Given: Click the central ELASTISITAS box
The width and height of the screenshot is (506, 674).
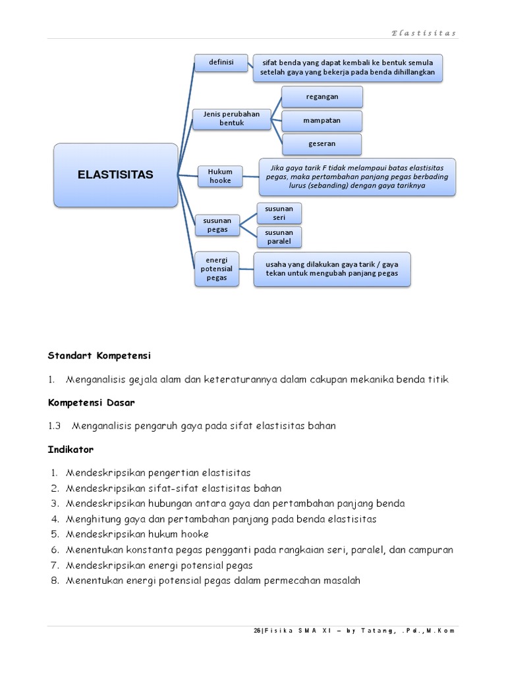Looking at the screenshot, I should tap(115, 174).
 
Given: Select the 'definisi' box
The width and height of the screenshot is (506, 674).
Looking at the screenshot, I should tap(221, 62).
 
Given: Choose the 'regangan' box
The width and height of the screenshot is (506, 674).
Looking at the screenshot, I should tap(322, 97).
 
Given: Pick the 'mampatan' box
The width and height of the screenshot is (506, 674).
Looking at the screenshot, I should tap(322, 121).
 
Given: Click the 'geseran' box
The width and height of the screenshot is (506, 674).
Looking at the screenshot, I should tap(322, 144).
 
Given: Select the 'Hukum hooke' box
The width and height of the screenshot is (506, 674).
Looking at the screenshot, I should tap(220, 176).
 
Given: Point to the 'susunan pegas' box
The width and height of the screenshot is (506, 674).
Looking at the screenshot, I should tap(217, 225).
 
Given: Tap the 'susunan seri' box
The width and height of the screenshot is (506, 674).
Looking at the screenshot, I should tap(279, 213).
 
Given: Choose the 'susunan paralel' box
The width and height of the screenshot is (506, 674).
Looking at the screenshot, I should tap(279, 237).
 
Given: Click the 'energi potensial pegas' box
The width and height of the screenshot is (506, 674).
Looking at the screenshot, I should tap(216, 269).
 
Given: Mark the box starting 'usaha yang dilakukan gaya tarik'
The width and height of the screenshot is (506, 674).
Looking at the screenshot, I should tap(332, 269).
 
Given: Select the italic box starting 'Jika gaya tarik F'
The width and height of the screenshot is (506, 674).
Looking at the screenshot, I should tap(357, 176).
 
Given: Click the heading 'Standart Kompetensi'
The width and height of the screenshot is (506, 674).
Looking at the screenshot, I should tap(99, 355).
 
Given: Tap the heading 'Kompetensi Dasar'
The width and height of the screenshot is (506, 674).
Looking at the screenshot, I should tap(92, 402).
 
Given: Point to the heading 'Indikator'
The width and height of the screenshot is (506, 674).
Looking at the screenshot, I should tap(70, 450).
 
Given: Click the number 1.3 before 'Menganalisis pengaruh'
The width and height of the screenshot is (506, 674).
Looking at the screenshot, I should tap(54, 426).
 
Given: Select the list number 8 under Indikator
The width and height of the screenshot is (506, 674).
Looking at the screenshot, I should tap(55, 581).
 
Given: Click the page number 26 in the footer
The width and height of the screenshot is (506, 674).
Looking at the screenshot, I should tap(256, 630).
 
